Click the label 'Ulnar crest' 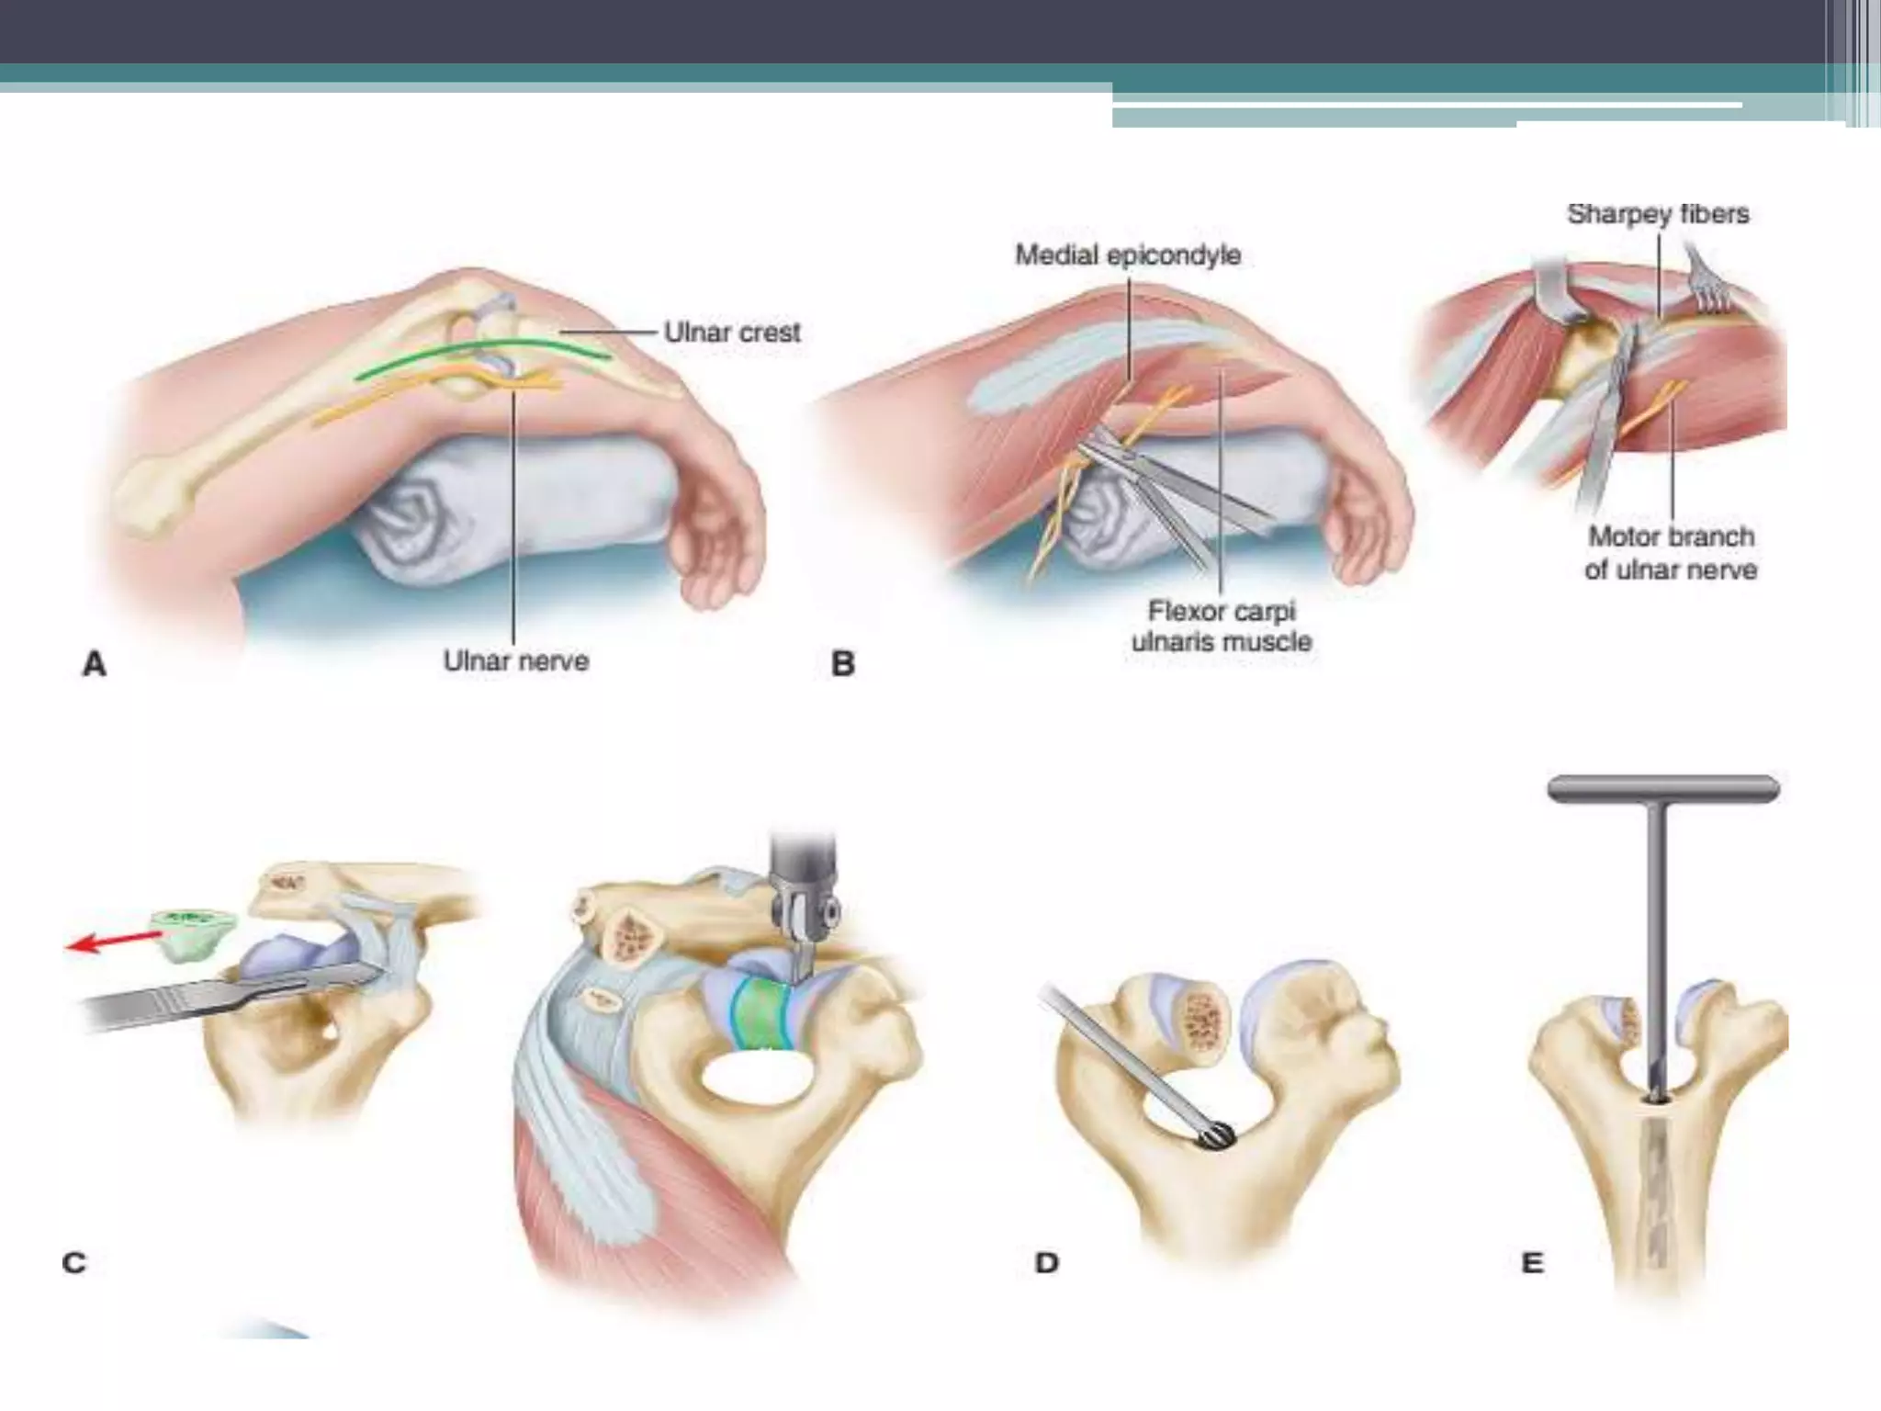pos(732,332)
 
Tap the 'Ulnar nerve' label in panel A pos(515,660)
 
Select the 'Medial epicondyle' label pos(1128,254)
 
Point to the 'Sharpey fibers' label pos(1658,214)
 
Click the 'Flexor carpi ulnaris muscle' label pos(1222,626)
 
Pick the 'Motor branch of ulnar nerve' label pos(1671,552)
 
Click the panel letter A pos(95,663)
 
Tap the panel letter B pos(842,663)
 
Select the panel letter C pos(73,1262)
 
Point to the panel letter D pos(1047,1262)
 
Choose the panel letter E pos(1532,1262)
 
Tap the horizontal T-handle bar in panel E pos(1663,789)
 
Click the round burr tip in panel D pos(1214,1137)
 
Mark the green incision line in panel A pos(482,356)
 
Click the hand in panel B pos(1369,514)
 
